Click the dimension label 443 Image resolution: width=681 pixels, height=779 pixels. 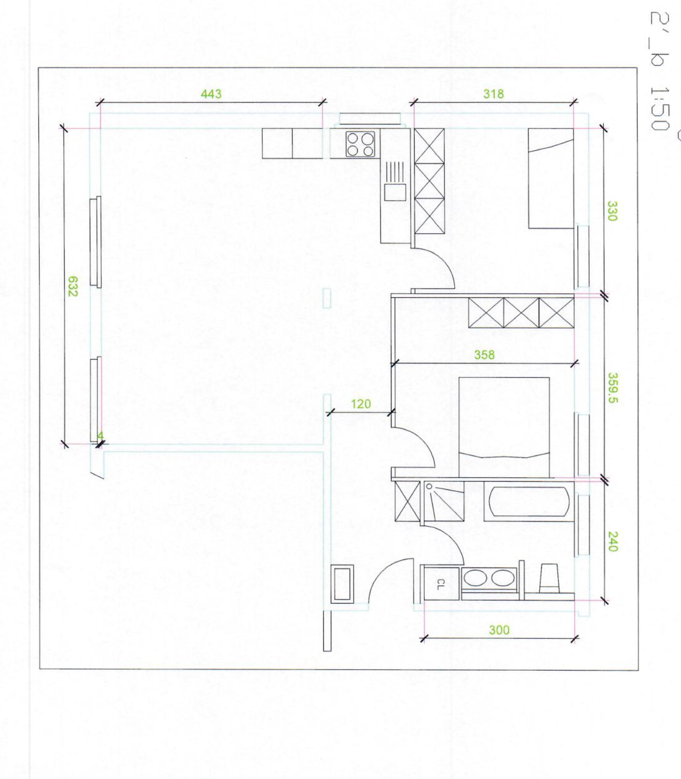coord(211,94)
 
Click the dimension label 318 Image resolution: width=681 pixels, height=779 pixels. coord(493,94)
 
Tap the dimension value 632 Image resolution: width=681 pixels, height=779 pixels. coord(73,286)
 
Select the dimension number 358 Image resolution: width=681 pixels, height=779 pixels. coord(484,355)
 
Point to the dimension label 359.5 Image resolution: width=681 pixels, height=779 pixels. coord(612,388)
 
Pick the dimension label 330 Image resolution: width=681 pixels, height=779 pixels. coord(611,211)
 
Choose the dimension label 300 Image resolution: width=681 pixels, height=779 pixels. coord(499,630)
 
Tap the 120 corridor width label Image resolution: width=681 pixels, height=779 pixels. coord(361,404)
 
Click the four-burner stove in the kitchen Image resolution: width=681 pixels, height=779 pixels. coord(360,144)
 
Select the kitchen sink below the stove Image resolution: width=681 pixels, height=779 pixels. coord(395,192)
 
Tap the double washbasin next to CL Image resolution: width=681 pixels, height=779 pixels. coord(488,578)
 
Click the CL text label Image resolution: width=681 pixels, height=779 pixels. coord(440,585)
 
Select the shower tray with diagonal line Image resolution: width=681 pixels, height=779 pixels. coord(444,502)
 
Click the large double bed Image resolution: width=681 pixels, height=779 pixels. coord(504,426)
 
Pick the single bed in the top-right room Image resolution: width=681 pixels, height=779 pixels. coord(550,179)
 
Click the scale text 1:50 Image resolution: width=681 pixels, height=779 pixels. coord(659,108)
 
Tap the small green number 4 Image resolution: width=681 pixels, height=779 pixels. coord(100,436)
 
